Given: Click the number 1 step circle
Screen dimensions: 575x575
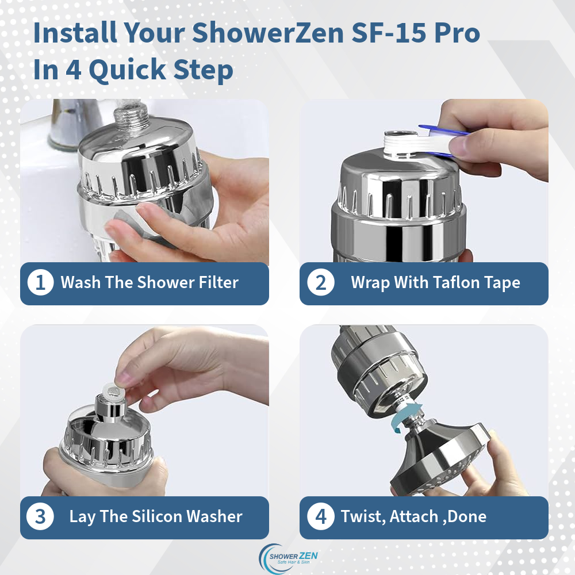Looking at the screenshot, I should (x=40, y=283).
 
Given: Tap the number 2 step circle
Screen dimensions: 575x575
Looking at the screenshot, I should (x=320, y=283).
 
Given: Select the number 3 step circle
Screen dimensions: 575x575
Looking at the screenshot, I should (x=40, y=516).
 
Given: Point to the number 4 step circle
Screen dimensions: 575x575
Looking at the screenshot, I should (x=320, y=516).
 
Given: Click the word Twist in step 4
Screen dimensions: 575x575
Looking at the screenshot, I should (x=362, y=516).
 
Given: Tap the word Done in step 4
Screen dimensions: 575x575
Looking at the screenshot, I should (x=467, y=516).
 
